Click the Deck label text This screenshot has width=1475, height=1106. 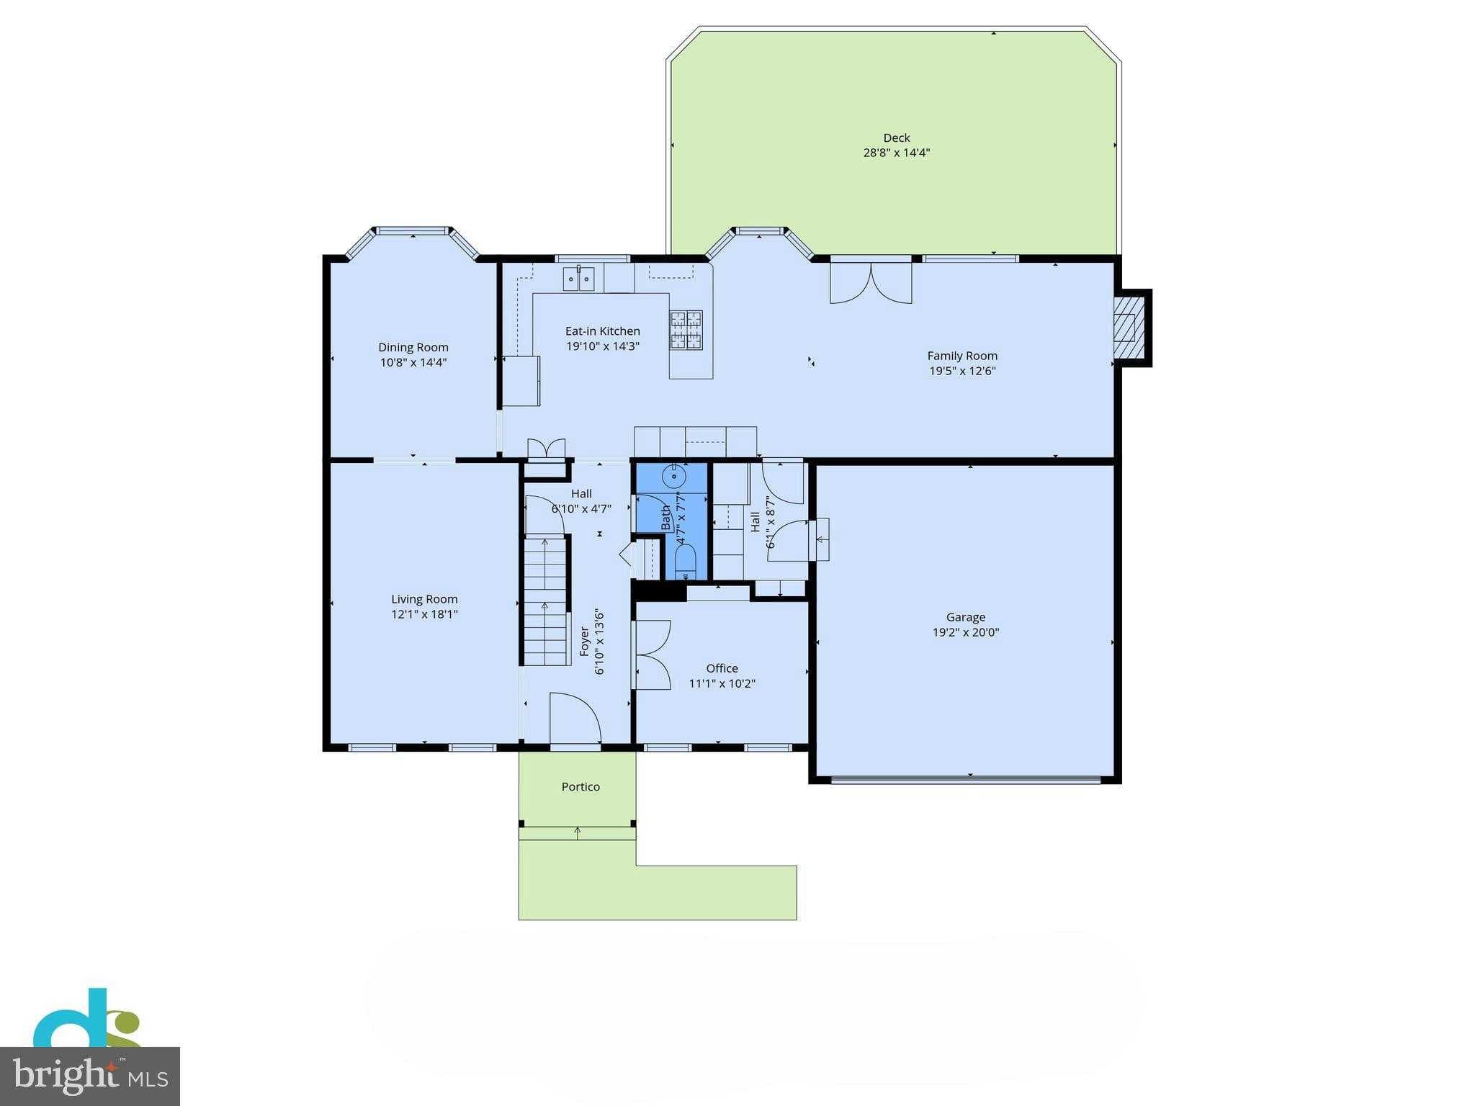pos(896,138)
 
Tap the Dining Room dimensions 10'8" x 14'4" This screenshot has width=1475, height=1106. pos(413,363)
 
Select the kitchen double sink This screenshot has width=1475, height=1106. pos(578,278)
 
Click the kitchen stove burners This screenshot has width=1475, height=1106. pos(686,330)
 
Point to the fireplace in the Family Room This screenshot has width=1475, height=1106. pos(1125,328)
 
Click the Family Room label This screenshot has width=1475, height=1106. pos(961,356)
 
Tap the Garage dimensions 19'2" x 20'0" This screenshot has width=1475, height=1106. pos(965,633)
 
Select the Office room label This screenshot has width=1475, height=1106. pos(722,668)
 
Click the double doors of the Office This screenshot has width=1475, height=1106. pos(653,655)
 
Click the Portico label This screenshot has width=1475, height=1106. pos(580,787)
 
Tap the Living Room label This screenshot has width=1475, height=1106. pos(424,599)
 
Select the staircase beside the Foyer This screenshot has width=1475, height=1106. pos(546,601)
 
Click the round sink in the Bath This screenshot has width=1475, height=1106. pos(675,476)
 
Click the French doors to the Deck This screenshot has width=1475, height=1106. pos(871,282)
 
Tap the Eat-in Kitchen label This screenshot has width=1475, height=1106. pos(602,331)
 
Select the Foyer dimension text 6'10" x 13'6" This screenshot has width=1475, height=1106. pos(599,642)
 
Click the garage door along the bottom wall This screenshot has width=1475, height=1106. pos(965,778)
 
